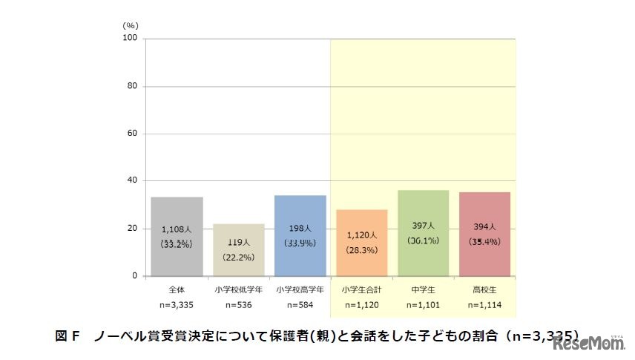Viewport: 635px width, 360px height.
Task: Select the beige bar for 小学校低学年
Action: click(x=238, y=249)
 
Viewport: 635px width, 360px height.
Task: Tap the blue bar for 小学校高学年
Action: click(x=300, y=235)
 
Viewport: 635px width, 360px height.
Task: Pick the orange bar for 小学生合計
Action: click(x=361, y=242)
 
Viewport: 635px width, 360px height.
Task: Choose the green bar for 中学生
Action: click(x=423, y=232)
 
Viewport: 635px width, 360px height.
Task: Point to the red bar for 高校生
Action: click(x=484, y=234)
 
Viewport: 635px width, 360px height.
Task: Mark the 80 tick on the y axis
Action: click(x=134, y=86)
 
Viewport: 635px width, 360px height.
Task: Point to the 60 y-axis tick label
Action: click(x=134, y=134)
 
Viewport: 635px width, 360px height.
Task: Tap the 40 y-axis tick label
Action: click(x=134, y=181)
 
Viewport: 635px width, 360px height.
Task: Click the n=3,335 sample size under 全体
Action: click(x=177, y=304)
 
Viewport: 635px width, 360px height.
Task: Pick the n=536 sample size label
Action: click(x=238, y=304)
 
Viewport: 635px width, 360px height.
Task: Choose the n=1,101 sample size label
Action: click(x=423, y=304)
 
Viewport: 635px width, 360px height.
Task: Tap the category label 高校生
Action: click(x=484, y=288)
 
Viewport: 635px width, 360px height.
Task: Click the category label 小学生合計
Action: click(x=361, y=288)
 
